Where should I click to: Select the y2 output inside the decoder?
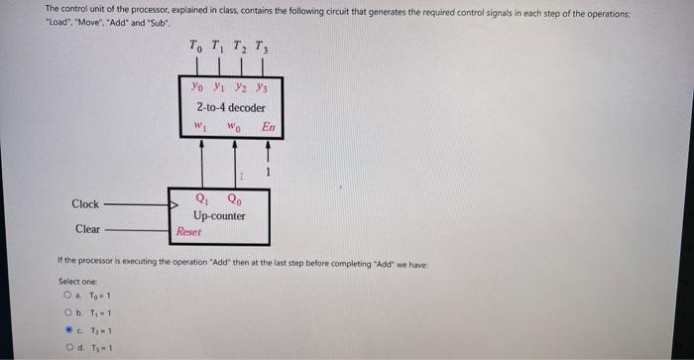tap(240, 88)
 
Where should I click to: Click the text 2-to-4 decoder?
tap(230, 106)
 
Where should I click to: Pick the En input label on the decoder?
tap(268, 126)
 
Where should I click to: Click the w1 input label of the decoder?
tap(199, 126)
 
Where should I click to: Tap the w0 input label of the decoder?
tap(234, 126)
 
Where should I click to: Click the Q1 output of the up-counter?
tap(202, 196)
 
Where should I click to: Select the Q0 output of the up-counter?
tap(233, 196)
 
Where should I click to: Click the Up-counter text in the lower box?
tap(220, 214)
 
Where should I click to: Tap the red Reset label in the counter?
tap(188, 231)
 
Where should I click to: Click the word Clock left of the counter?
tap(85, 204)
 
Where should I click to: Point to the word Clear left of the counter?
tap(87, 229)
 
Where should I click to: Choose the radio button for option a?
tap(67, 295)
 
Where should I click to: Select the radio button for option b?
tap(67, 312)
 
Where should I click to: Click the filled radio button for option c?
tap(67, 329)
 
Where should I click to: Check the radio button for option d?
tap(67, 346)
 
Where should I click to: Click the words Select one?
tap(77, 281)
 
